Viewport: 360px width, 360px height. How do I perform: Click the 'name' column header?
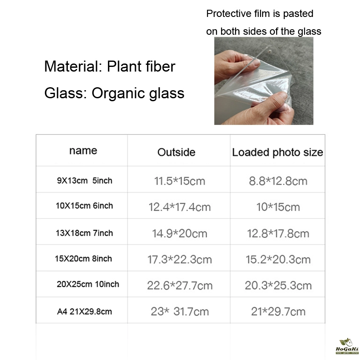(x=83, y=151)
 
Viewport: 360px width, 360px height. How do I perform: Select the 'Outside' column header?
(x=176, y=152)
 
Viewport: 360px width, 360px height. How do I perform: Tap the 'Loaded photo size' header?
(x=277, y=152)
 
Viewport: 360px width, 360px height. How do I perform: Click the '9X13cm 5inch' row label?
(x=84, y=181)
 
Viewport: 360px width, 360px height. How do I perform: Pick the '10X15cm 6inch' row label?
(x=84, y=206)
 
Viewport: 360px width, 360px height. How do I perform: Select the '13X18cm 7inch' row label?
(x=84, y=233)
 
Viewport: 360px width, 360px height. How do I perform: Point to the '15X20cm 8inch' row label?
(x=83, y=258)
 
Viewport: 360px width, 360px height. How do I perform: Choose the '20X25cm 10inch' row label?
(x=88, y=284)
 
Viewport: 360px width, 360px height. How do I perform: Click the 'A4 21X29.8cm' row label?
(x=84, y=312)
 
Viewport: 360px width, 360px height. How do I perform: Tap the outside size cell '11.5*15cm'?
(x=180, y=181)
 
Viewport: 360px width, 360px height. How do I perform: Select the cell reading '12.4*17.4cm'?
(x=180, y=207)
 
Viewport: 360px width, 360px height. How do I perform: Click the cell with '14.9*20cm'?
(x=180, y=233)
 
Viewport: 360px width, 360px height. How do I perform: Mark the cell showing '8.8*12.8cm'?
(x=278, y=181)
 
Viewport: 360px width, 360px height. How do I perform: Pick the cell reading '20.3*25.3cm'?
(x=278, y=285)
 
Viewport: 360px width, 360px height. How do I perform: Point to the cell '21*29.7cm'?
(x=278, y=312)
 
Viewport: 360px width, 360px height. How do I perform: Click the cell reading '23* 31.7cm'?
(x=180, y=312)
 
